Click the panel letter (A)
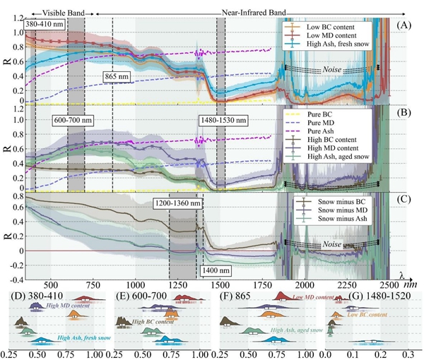pyautogui.click(x=405, y=23)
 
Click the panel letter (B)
pyautogui.click(x=405, y=112)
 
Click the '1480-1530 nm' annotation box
pyautogui.click(x=223, y=121)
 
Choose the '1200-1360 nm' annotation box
pyautogui.click(x=177, y=203)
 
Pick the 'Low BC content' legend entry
pyautogui.click(x=340, y=27)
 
